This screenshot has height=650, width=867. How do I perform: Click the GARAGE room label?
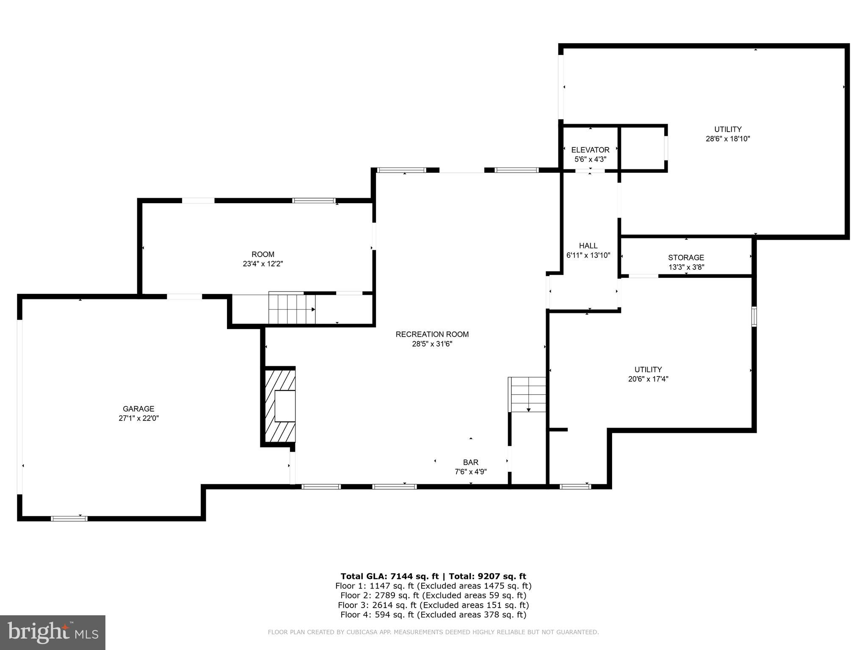(138, 409)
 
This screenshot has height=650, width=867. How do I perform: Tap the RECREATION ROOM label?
(432, 334)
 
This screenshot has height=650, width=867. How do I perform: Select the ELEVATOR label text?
(590, 150)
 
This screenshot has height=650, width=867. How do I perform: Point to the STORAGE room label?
(686, 257)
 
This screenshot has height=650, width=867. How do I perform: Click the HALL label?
(588, 246)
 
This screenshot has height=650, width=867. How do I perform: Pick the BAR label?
(470, 462)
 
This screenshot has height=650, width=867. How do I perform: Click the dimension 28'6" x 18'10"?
(728, 138)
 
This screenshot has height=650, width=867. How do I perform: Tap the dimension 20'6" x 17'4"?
(648, 379)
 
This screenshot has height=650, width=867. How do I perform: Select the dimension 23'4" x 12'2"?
(262, 263)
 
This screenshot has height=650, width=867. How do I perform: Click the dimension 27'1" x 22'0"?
(138, 418)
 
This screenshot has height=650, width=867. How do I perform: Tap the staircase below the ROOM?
(292, 308)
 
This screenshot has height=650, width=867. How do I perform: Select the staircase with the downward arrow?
(527, 395)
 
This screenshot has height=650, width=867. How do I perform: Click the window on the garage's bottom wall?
(69, 518)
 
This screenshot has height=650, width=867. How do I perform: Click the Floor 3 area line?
(433, 605)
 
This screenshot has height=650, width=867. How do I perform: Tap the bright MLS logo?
(52, 632)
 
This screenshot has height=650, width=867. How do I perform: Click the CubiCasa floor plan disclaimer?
(433, 632)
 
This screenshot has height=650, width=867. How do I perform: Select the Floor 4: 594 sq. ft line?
(433, 615)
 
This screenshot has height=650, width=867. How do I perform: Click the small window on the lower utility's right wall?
(754, 316)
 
